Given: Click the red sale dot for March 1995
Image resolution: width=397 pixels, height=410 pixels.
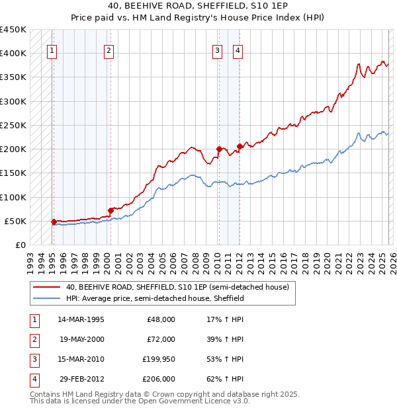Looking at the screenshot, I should [54, 222].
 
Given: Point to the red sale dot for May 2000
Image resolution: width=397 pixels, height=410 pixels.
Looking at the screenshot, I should [110, 210].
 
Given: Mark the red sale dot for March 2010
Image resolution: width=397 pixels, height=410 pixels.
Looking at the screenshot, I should [218, 149].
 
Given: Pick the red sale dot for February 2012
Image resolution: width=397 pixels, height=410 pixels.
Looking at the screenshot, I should [240, 146].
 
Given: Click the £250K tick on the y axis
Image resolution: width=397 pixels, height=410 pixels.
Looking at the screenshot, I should [13, 125].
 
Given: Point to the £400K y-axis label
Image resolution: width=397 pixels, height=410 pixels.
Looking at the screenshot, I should [13, 53].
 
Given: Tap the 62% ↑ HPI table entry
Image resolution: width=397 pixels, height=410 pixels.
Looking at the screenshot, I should [225, 379].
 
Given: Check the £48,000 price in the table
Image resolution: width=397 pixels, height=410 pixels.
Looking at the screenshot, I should [161, 319].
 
